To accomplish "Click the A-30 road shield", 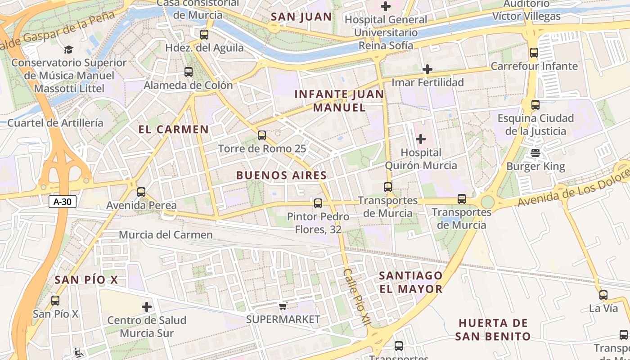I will pyautogui.click(x=62, y=202).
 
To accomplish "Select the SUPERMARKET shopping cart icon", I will pyautogui.click(x=283, y=306).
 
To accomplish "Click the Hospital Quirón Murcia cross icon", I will pyautogui.click(x=420, y=139).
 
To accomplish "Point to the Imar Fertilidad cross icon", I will pyautogui.click(x=427, y=69).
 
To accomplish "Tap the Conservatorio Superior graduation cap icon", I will pyautogui.click(x=68, y=49).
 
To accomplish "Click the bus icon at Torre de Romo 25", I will pyautogui.click(x=261, y=135).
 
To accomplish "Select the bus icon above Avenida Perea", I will pyautogui.click(x=141, y=192).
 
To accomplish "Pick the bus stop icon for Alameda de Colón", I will pyautogui.click(x=189, y=72).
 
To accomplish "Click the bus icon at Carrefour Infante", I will pyautogui.click(x=534, y=53).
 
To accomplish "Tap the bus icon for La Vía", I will pyautogui.click(x=603, y=296).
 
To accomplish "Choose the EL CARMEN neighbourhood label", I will pyautogui.click(x=174, y=130).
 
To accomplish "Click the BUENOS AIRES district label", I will pyautogui.click(x=281, y=175).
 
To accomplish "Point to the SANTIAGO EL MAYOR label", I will pyautogui.click(x=410, y=282).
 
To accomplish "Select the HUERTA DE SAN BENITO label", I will pyautogui.click(x=493, y=329).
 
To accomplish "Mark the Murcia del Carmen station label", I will pyautogui.click(x=166, y=235).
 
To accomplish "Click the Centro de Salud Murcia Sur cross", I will pyautogui.click(x=147, y=307).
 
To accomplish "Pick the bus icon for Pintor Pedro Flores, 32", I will pyautogui.click(x=318, y=203).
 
